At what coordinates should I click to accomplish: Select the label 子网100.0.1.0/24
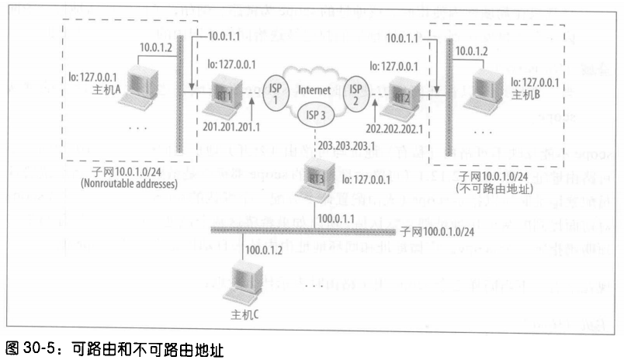[442, 231]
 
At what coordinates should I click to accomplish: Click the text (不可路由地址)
[488, 187]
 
